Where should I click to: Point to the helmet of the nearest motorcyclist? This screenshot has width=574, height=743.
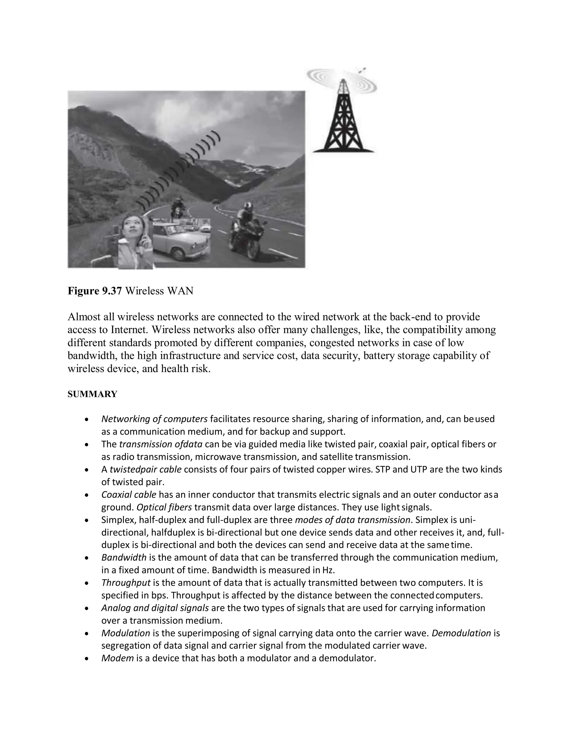[247, 207]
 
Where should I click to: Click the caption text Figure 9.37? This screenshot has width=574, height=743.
[94, 291]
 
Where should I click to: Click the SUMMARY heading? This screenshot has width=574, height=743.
[92, 394]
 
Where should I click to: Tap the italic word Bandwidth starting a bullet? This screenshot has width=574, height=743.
[124, 558]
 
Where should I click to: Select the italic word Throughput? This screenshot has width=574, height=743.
[126, 583]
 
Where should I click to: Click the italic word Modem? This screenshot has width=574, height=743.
[118, 658]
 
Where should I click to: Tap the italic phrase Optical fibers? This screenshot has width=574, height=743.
[164, 507]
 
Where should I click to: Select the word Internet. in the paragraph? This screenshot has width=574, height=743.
[129, 330]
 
